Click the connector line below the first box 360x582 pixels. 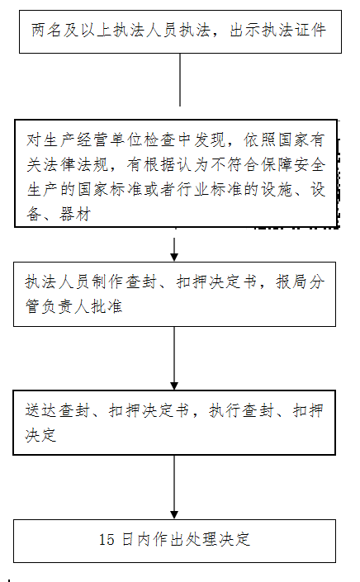(180, 80)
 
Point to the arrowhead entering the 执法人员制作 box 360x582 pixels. (174, 257)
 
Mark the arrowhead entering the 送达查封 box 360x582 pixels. (174, 386)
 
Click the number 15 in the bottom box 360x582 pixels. (107, 539)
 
